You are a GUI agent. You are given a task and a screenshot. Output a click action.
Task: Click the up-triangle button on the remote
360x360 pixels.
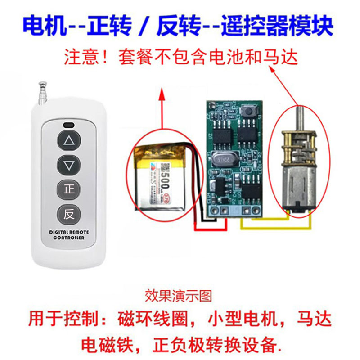[x=69, y=141]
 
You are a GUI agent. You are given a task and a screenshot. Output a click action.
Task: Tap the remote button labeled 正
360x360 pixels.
[x=69, y=189]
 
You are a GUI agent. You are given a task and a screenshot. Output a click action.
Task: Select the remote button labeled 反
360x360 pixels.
[x=69, y=214]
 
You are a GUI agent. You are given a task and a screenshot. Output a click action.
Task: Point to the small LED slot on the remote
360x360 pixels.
[x=69, y=124]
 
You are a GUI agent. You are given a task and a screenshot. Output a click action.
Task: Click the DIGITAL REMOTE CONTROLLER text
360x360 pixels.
[x=69, y=234]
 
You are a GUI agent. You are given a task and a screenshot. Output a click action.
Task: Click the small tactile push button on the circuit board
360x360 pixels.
[x=246, y=111]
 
